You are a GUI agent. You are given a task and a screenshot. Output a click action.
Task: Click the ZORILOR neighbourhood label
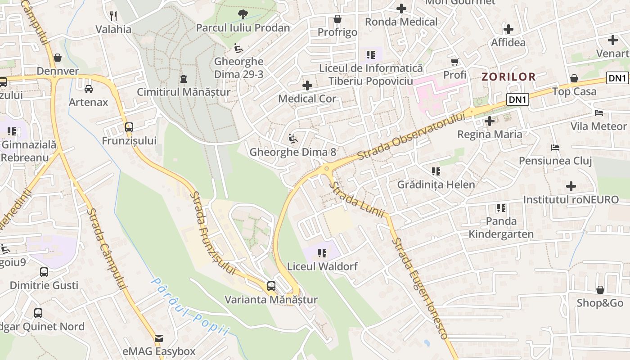[508, 76]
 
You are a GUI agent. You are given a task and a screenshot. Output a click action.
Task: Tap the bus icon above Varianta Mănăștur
[271, 286]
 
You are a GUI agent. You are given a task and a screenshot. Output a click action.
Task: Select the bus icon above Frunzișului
[129, 127]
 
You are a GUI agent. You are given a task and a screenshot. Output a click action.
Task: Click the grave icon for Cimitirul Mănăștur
[183, 79]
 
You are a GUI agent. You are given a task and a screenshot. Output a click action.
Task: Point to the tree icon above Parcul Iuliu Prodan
[243, 14]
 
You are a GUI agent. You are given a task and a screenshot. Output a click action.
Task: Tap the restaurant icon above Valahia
[113, 16]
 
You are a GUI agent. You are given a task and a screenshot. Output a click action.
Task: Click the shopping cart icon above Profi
[455, 61]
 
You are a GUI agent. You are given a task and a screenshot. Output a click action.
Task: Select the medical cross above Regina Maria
[490, 121]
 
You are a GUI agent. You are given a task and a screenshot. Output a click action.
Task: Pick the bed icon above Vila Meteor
[598, 112]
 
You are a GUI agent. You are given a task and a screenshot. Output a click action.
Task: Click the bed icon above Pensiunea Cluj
[555, 147]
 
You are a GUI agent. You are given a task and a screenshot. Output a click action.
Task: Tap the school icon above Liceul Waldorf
[322, 253]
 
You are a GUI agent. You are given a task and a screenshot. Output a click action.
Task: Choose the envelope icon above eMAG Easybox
[159, 338]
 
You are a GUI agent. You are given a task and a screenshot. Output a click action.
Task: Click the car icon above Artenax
[89, 89]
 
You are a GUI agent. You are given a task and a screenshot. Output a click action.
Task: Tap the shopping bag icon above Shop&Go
[600, 289]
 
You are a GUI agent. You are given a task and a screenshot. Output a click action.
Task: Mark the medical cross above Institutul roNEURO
[571, 186]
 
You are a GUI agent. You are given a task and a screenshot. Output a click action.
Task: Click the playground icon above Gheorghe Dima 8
[293, 139]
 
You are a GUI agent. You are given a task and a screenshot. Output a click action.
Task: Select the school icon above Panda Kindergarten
[501, 207]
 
